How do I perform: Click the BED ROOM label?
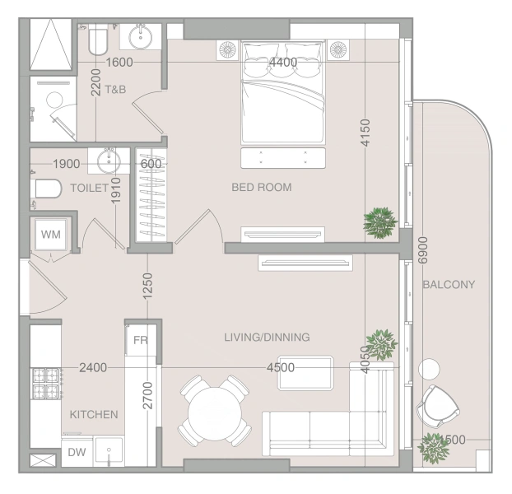(262, 187)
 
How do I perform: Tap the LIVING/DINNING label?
(267, 337)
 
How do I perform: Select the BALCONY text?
(449, 284)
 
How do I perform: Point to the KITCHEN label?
(94, 414)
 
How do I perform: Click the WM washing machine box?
(51, 234)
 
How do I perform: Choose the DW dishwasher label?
(77, 452)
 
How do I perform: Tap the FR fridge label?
(141, 340)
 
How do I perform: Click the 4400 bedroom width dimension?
(283, 62)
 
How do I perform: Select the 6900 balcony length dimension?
(422, 250)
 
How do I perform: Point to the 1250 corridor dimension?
(147, 286)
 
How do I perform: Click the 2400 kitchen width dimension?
(93, 368)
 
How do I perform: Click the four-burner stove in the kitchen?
(46, 384)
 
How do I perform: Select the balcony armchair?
(438, 406)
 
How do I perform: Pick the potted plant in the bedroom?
(380, 222)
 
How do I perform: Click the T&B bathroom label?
(115, 89)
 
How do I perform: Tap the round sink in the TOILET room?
(109, 161)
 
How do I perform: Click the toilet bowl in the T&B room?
(98, 41)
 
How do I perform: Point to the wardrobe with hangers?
(151, 195)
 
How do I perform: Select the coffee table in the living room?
(305, 373)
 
